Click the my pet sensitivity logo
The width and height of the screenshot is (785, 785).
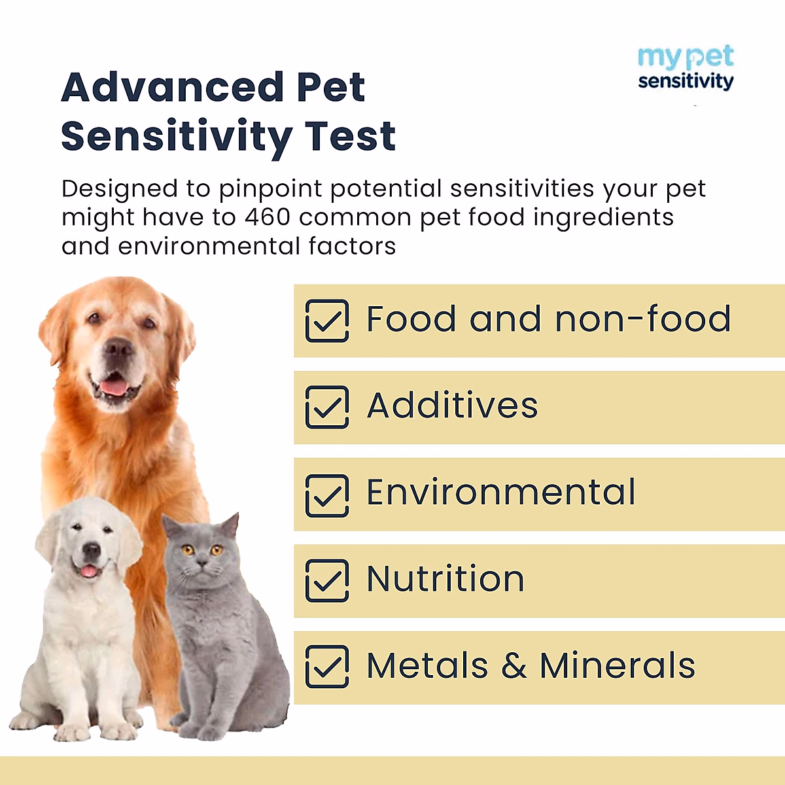[686, 68]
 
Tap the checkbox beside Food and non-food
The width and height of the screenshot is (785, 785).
[326, 321]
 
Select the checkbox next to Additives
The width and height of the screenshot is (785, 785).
[326, 407]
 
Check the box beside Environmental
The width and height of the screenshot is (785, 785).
[326, 495]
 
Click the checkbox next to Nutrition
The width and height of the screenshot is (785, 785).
[326, 580]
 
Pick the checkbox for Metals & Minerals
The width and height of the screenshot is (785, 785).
[326, 667]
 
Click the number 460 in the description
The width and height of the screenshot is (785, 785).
[268, 217]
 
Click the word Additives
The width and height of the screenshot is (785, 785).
[452, 406]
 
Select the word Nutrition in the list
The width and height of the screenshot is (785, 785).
[445, 579]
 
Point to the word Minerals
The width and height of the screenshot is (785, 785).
[617, 666]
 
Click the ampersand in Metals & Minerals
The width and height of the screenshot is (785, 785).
[514, 666]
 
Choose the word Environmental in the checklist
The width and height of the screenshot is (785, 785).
[500, 493]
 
